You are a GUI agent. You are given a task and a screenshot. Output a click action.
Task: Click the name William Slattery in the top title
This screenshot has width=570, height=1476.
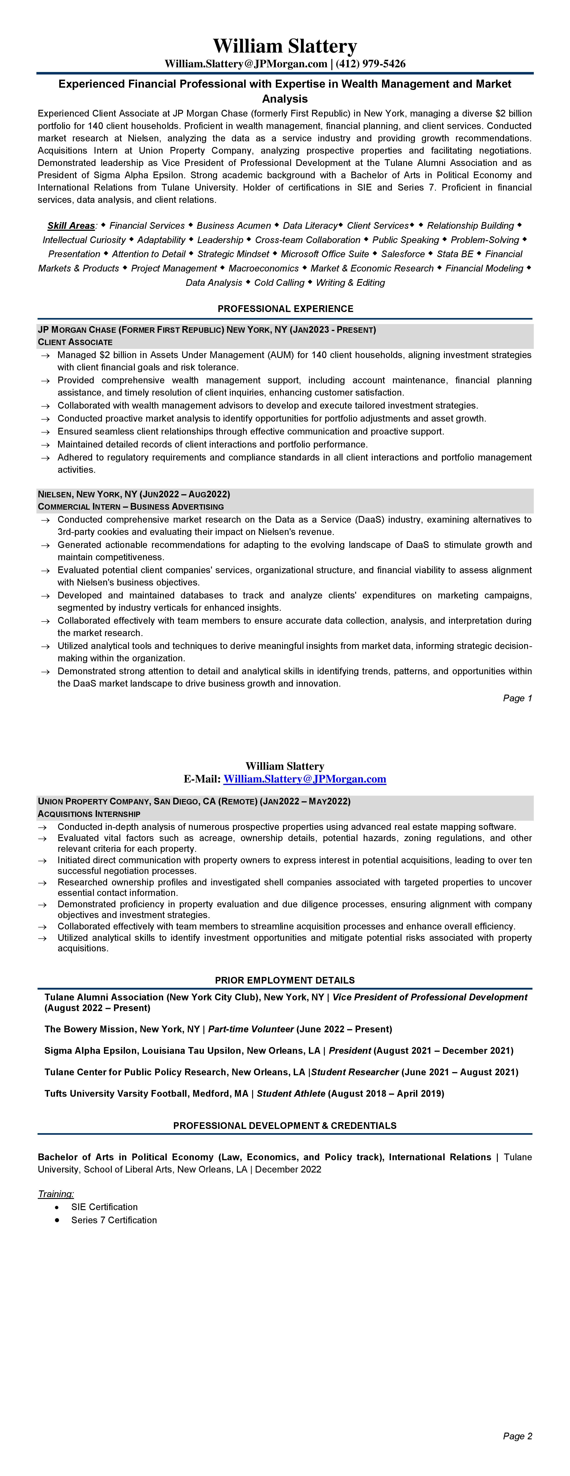click(x=285, y=46)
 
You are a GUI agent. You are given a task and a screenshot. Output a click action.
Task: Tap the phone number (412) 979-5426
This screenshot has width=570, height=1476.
click(x=371, y=64)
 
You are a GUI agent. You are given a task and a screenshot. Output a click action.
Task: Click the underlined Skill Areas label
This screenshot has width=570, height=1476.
click(x=71, y=226)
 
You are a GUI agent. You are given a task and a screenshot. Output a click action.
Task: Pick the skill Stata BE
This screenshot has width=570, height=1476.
click(x=455, y=254)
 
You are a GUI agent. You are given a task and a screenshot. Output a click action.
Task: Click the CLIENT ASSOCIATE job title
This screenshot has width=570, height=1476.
click(x=75, y=342)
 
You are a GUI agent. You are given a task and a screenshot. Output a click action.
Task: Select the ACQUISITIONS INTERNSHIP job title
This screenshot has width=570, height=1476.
click(x=89, y=814)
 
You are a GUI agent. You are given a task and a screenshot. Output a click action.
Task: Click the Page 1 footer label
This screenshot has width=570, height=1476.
click(x=517, y=698)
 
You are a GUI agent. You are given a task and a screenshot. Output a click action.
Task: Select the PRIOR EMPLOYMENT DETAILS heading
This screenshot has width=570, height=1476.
click(x=285, y=980)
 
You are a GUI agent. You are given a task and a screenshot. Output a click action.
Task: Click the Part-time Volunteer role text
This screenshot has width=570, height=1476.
click(x=250, y=1029)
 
